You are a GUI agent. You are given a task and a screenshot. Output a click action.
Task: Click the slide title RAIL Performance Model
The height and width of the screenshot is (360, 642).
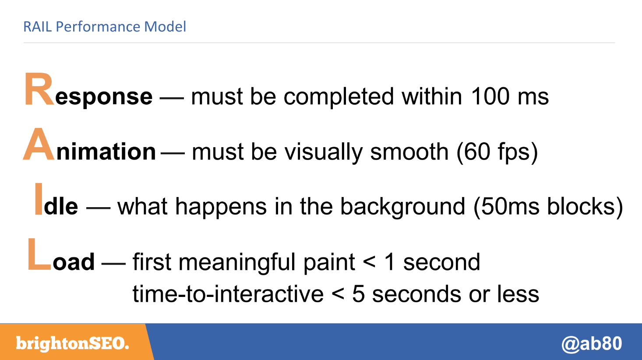(105, 27)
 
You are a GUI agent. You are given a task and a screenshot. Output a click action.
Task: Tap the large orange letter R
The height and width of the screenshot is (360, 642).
(39, 89)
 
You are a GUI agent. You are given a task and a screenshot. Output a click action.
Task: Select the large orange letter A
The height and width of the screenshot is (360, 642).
(39, 144)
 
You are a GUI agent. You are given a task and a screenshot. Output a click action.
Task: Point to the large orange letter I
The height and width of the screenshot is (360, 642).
(39, 199)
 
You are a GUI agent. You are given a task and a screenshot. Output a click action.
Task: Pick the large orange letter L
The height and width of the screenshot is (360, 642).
(39, 254)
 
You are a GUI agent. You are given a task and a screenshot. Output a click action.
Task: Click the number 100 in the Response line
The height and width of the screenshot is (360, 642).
(490, 96)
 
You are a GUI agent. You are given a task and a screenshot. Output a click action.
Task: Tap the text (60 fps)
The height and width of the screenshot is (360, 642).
(497, 152)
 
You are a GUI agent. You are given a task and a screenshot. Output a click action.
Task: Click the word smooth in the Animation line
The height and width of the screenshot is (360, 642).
(409, 152)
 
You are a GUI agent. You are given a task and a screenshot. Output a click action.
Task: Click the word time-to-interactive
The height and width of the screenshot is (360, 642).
(228, 294)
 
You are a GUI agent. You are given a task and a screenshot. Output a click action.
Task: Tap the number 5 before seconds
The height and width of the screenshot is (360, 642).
(359, 294)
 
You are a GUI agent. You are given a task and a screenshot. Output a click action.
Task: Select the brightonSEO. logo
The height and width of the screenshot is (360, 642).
(73, 343)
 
